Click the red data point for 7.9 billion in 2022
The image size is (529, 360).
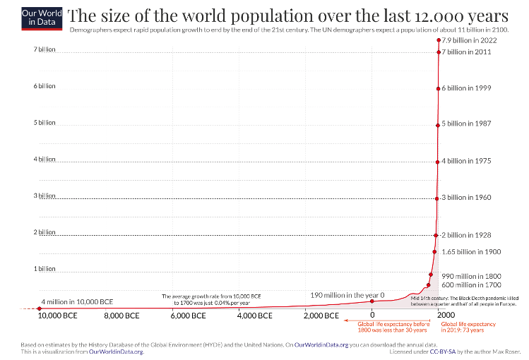(439, 40)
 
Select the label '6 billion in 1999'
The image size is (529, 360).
(466, 88)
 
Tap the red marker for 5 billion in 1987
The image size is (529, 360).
(438, 125)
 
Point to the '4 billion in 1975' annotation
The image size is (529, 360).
(466, 161)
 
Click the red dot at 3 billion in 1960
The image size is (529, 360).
(437, 198)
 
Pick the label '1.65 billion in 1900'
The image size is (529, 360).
(471, 251)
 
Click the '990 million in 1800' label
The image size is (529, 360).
(471, 276)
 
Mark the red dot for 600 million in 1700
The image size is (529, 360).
(428, 285)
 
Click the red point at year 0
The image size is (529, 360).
(372, 301)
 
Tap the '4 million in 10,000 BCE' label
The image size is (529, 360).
(77, 301)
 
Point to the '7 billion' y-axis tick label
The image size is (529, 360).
(44, 49)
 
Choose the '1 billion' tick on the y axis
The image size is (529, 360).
(44, 269)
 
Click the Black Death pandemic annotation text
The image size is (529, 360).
(464, 301)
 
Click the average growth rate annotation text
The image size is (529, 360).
(206, 299)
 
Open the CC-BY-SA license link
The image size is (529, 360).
(447, 351)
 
